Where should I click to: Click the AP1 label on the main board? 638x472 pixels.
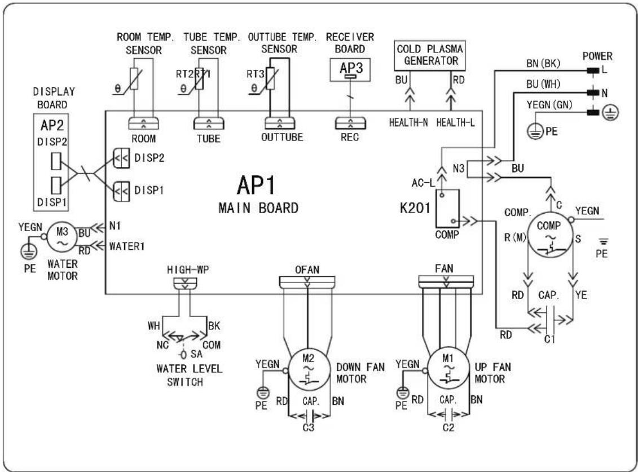256,185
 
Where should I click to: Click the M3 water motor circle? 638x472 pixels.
62,237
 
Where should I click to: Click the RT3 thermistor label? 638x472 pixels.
256,74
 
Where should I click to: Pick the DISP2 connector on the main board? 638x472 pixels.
122,158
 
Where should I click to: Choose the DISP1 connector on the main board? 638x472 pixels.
122,191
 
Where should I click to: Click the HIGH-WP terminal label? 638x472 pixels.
188,270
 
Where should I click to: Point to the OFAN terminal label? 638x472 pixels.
307,270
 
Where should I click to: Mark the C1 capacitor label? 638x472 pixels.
549,338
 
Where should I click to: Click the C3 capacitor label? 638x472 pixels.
309,427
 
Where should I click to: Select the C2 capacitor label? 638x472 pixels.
448,427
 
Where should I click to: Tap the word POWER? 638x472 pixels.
597,56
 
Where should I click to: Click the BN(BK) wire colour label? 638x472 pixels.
543,64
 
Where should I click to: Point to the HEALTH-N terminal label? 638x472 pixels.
408,122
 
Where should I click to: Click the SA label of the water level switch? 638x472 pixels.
196,354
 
